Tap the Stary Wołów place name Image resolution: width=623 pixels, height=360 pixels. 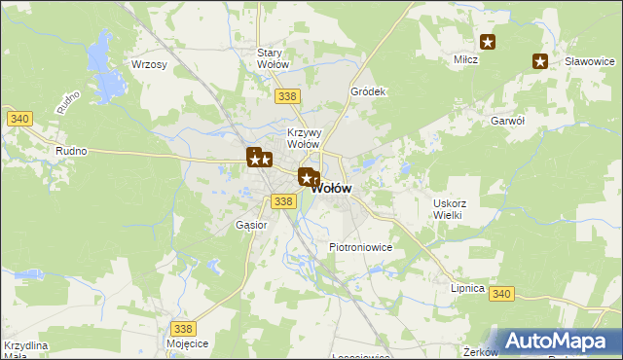[x=274, y=58]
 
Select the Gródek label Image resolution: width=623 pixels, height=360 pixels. [x=369, y=91]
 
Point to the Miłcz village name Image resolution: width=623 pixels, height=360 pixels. [x=466, y=59]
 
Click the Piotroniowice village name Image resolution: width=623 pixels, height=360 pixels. [x=360, y=247]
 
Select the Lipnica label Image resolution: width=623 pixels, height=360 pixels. [x=466, y=288]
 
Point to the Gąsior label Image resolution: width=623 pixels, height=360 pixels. [x=251, y=225]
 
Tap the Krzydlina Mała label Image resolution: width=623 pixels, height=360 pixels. [x=25, y=351]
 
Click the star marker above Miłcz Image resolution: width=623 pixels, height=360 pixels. [x=488, y=42]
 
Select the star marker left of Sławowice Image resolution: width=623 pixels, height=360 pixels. [x=540, y=61]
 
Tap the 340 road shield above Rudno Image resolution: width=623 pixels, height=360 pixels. [x=19, y=119]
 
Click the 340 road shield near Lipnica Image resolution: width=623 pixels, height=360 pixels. [x=501, y=294]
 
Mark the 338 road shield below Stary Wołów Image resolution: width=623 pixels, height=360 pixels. [x=287, y=96]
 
